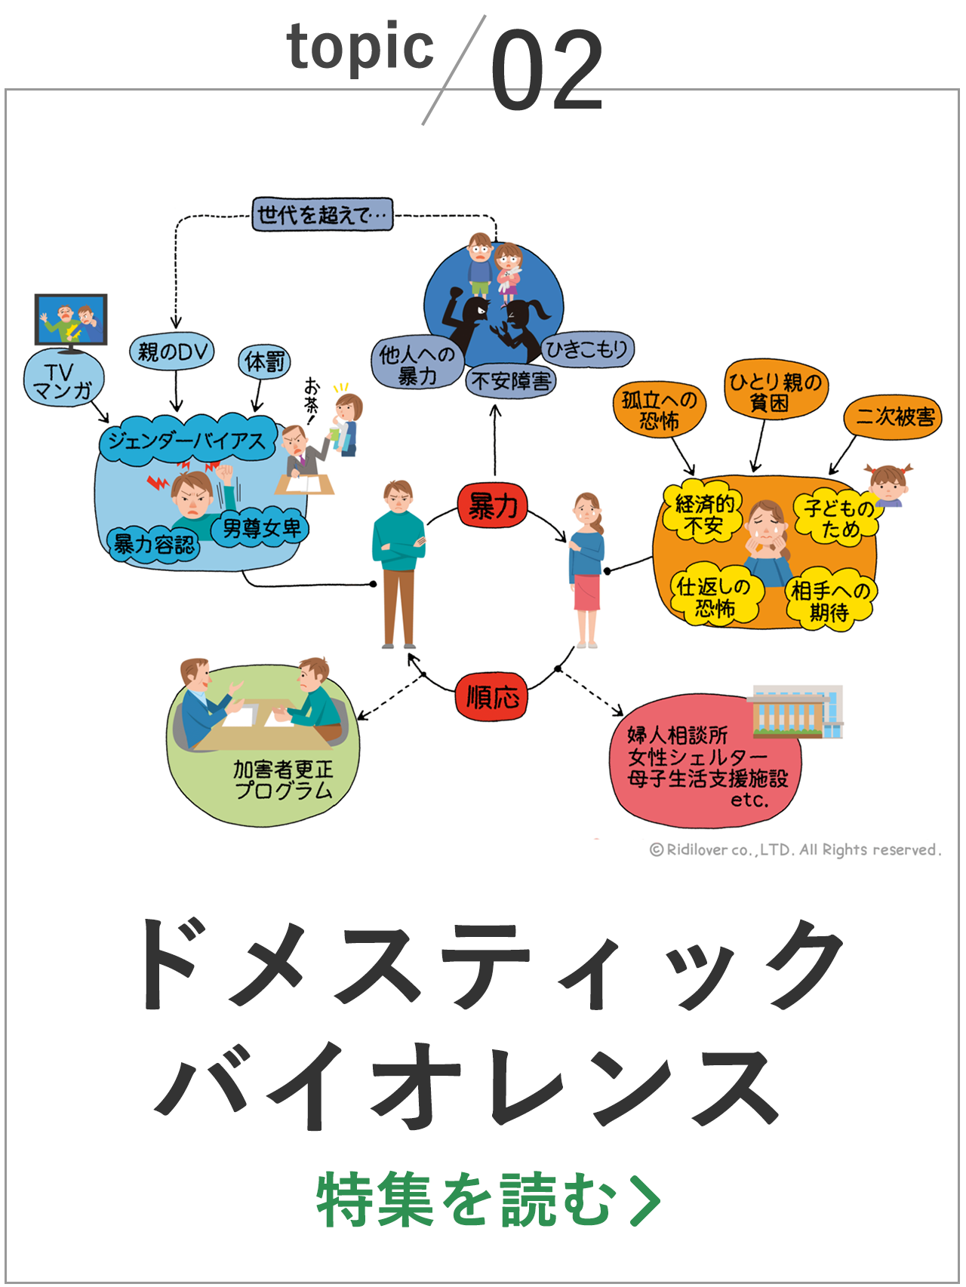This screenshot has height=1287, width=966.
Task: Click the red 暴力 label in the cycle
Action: coord(492,505)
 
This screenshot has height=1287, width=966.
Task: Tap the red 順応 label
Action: coord(492,696)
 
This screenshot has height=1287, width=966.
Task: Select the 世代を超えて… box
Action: coord(322,215)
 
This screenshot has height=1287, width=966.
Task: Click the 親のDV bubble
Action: coord(172,352)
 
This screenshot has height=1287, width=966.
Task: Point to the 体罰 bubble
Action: coord(264,362)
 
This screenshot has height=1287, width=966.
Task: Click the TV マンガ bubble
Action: coord(63,380)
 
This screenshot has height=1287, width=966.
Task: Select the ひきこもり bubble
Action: coord(587,349)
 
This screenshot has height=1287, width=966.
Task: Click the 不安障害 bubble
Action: coord(510,381)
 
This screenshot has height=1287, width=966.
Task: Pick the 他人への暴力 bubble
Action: coord(417,364)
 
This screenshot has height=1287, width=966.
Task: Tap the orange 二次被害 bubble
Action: coord(894,417)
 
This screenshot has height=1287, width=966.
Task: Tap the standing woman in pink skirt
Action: coord(586,570)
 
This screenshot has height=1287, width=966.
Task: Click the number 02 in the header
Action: coord(546,71)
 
